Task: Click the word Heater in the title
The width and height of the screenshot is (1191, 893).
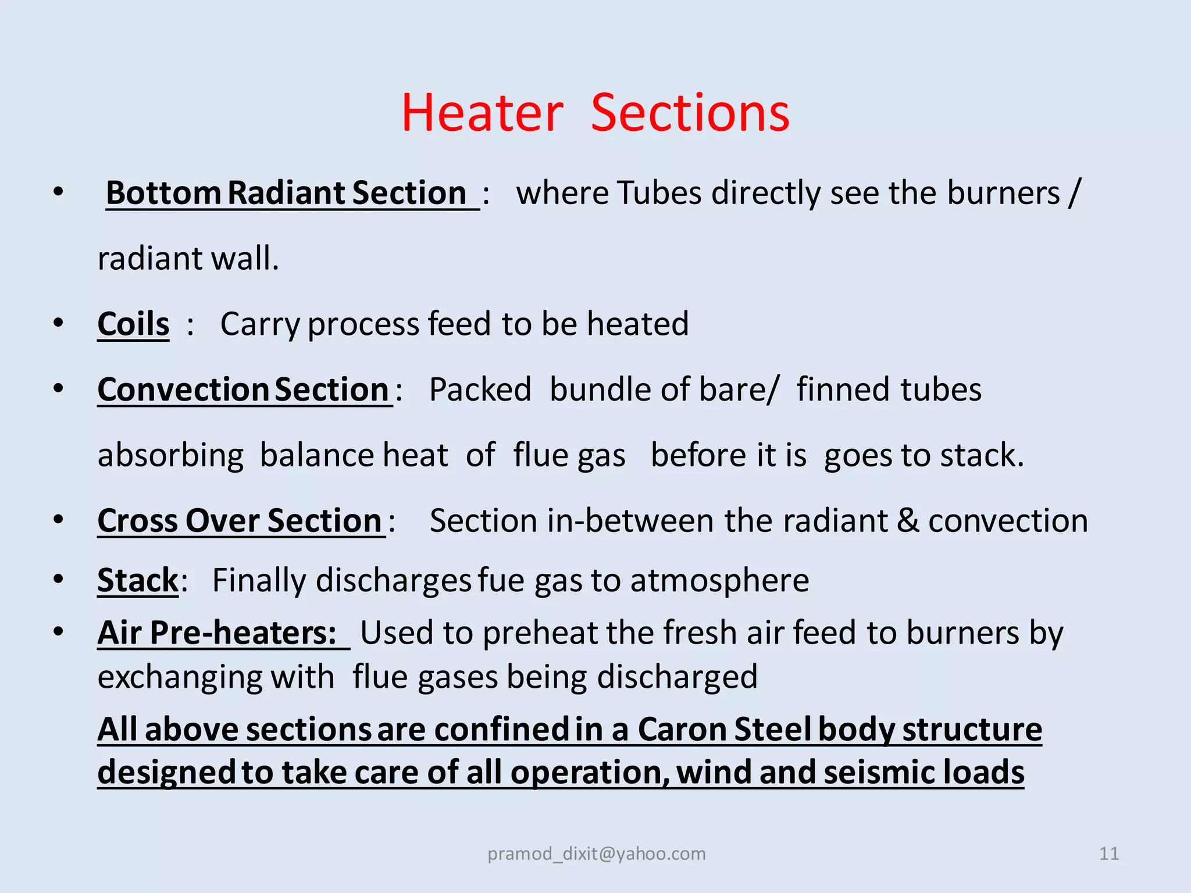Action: coord(482,113)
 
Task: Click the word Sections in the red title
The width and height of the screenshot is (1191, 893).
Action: coord(690,113)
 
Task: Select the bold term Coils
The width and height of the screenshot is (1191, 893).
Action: coord(133,324)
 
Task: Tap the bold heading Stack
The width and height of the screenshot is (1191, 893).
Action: coord(138,580)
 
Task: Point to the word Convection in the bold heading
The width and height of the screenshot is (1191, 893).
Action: coord(183,390)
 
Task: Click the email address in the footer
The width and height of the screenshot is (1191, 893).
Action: coord(596,853)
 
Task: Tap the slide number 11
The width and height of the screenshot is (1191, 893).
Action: coord(1109,853)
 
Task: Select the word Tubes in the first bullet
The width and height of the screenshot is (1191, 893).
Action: coord(659,193)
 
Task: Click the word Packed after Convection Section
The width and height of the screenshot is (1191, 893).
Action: coord(480,390)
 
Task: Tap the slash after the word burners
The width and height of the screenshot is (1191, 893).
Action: coord(1074,193)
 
